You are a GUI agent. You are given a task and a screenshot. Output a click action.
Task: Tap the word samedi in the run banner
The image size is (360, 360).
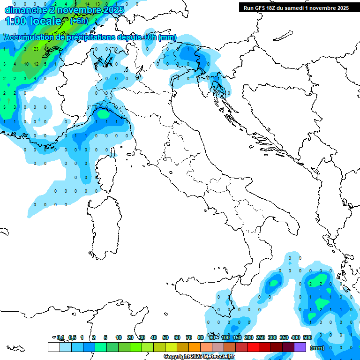295,8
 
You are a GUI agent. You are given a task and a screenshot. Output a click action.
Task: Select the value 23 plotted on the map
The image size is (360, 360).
36,49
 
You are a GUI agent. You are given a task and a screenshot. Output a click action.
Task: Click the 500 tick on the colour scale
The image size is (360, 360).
307,337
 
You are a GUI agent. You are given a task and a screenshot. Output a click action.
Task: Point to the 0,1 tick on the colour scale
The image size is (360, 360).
60,337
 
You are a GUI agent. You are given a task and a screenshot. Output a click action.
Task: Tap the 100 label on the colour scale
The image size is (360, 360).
225,337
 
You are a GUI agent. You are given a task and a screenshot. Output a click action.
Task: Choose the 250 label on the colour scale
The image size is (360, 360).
261,337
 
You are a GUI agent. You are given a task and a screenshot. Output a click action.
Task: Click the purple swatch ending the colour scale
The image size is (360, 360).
300,347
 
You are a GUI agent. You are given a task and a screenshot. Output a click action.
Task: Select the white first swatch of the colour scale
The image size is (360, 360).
53,347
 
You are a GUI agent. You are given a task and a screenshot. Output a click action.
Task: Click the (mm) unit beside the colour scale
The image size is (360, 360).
317,348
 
